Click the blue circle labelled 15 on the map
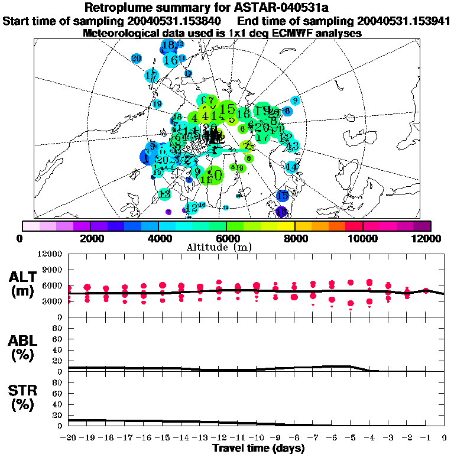283,195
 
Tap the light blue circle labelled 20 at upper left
137,58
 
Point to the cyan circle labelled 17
152,76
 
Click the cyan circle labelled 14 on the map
291,167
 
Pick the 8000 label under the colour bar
294,238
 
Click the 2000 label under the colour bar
90,238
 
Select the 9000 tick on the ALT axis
54,270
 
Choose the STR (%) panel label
24,398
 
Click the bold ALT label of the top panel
24,277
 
